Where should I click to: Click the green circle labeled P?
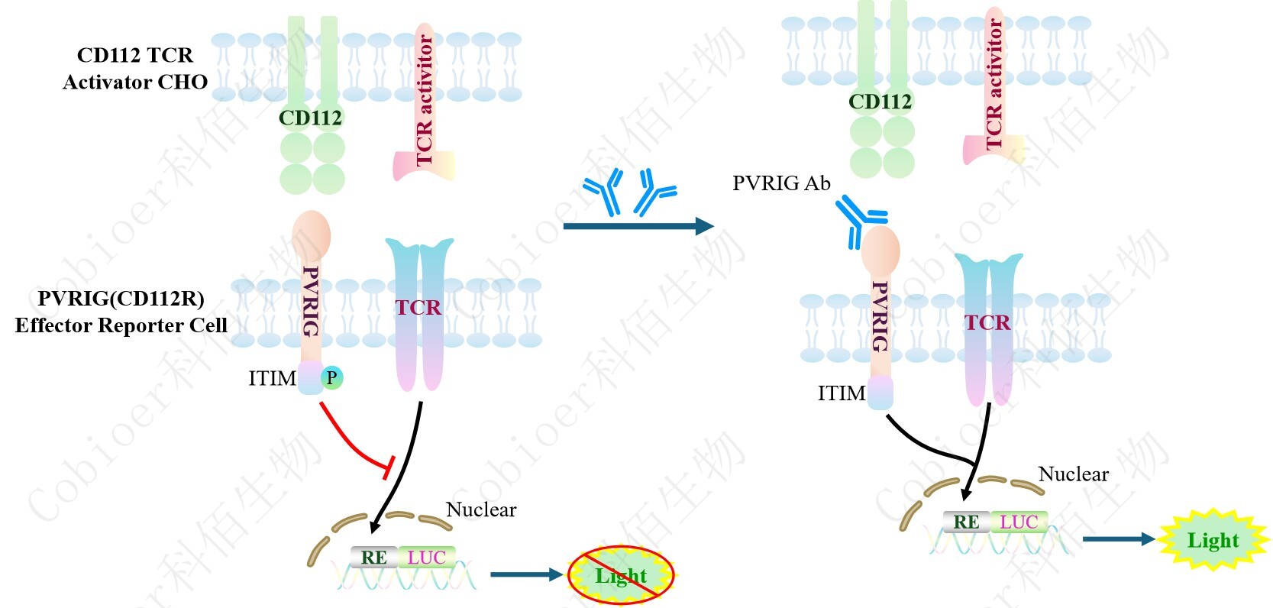point(331,378)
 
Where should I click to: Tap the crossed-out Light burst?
point(621,575)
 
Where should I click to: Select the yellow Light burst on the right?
point(1213,540)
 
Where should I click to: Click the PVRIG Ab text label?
point(781,183)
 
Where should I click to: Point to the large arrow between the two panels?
point(638,225)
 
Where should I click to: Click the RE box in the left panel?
point(373,558)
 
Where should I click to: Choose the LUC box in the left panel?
point(426,558)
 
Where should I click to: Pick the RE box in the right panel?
point(966,522)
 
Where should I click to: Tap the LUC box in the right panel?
point(1019,522)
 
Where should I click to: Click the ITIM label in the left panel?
point(272,378)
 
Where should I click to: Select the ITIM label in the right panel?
point(842,393)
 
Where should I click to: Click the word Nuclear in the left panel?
point(481,509)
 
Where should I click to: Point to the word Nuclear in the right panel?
point(1073,474)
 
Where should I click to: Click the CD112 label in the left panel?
point(310,118)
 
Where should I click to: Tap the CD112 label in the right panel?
point(880,102)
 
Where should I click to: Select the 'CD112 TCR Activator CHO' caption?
point(135,69)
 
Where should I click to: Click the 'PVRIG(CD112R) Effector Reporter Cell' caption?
point(121,312)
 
